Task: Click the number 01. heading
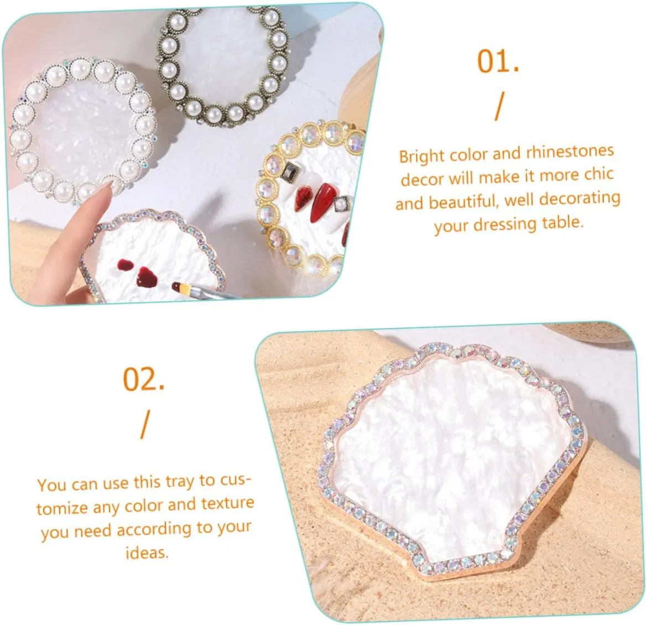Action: [498, 61]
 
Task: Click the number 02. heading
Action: [144, 379]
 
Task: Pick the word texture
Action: [227, 504]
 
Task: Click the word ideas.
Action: [147, 552]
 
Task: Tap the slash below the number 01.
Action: [499, 106]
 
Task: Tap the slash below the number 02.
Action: [144, 424]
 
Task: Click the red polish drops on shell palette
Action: [139, 272]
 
